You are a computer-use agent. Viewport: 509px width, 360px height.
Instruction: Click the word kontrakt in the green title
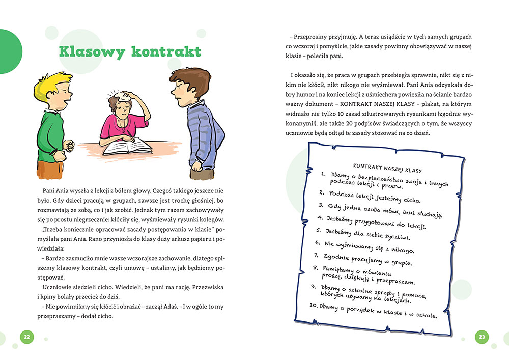[165, 51]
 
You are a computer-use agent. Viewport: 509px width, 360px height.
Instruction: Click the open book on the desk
[127, 146]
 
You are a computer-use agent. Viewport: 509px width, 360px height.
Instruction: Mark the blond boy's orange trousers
[49, 170]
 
